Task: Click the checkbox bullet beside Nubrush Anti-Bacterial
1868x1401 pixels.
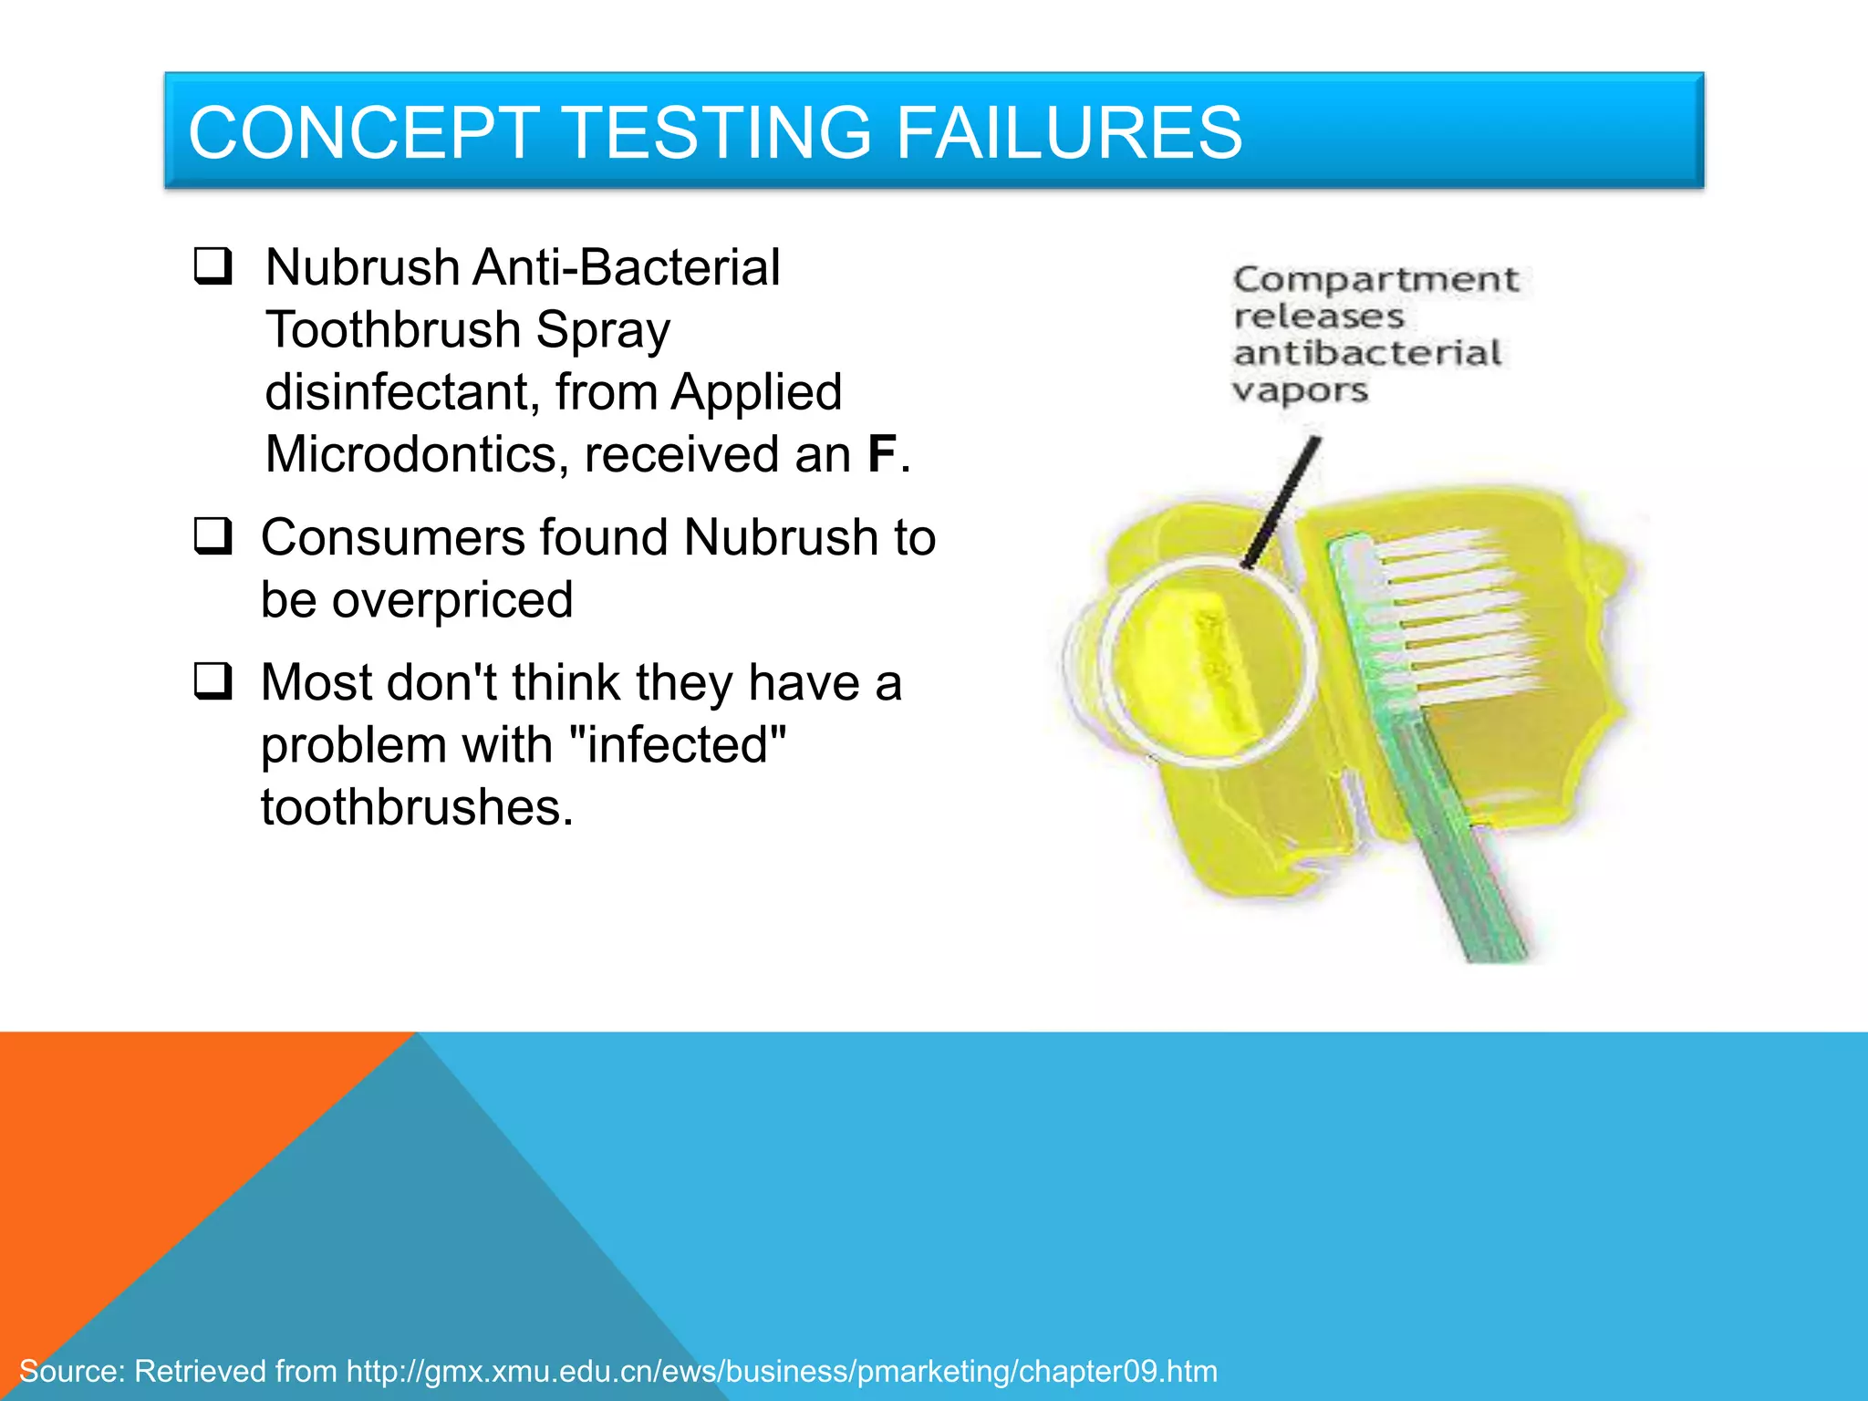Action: coord(213,266)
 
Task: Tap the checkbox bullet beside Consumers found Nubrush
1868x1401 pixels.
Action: coord(213,535)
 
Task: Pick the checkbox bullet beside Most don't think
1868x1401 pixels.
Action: coord(213,680)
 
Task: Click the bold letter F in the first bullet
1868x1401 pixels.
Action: coord(881,454)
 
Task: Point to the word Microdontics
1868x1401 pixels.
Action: coord(410,454)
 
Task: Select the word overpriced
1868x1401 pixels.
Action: coord(452,600)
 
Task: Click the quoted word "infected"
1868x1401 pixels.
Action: coord(677,744)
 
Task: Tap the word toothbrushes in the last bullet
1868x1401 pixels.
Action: coord(417,807)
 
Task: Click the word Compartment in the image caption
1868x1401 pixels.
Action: coord(1375,279)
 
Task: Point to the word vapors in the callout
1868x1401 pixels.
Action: coord(1300,390)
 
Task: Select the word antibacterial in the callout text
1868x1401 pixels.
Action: coord(1366,354)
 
